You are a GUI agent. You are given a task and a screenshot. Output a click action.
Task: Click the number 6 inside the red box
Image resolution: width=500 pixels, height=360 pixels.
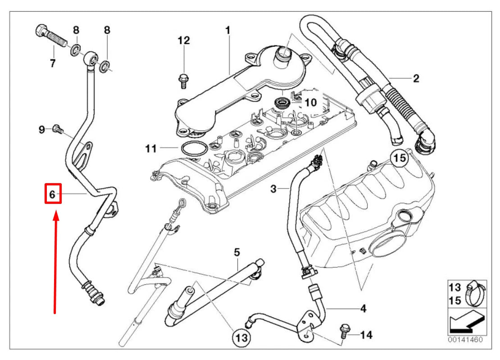point(52,194)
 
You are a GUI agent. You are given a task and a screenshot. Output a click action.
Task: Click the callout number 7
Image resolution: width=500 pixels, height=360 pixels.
point(53,63)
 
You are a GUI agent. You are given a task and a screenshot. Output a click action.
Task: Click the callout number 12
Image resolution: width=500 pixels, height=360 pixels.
point(183,41)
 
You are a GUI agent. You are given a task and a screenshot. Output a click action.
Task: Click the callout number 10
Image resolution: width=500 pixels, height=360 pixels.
point(310,103)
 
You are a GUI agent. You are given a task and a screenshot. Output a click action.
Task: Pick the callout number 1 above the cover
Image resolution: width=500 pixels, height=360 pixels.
point(228,30)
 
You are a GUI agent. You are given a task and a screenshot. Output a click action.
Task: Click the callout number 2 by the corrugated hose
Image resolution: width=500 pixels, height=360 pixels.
point(415,79)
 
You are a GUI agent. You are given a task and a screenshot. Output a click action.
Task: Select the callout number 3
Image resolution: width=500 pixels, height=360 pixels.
point(273,189)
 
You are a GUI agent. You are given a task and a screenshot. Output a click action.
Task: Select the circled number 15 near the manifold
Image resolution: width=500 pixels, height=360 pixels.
point(399,158)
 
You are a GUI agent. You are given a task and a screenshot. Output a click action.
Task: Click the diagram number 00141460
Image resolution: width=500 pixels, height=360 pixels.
point(465,340)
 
